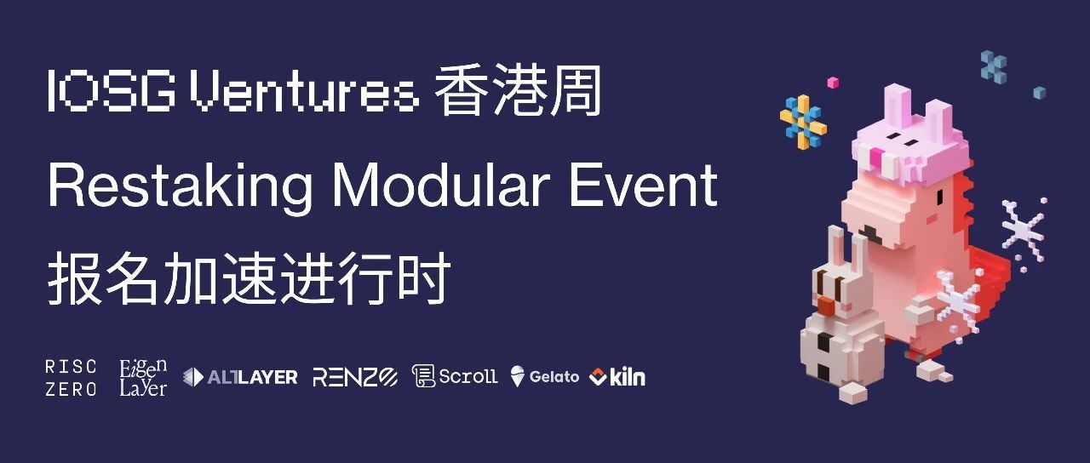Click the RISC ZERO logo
pyautogui.click(x=71, y=378)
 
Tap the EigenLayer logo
pyautogui.click(x=144, y=377)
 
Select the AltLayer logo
pyautogui.click(x=240, y=377)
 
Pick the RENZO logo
pyautogui.click(x=355, y=377)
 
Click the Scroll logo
pyautogui.click(x=455, y=376)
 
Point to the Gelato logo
pyautogui.click(x=545, y=377)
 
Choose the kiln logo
pyautogui.click(x=617, y=377)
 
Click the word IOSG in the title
pyautogui.click(x=111, y=91)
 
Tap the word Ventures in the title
pyautogui.click(x=304, y=91)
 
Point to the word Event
pyautogui.click(x=644, y=186)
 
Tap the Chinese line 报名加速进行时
pyautogui.click(x=250, y=278)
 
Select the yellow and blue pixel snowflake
pyautogui.click(x=803, y=122)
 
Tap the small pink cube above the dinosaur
pyautogui.click(x=833, y=83)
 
